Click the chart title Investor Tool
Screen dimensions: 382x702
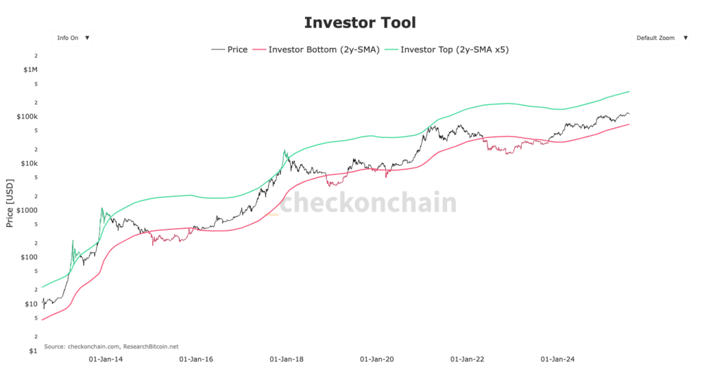[360, 23]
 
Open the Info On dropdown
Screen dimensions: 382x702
[72, 38]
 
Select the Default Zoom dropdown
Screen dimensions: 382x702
[661, 38]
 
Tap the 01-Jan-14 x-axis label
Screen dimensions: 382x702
[107, 359]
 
